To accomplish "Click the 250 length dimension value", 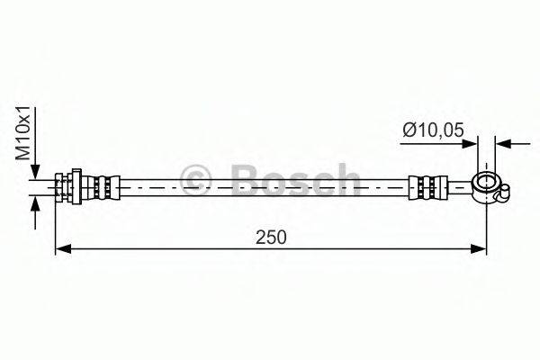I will click(x=271, y=238).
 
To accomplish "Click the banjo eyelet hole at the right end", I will click(x=486, y=185).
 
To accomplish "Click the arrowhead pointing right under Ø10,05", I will click(x=470, y=142).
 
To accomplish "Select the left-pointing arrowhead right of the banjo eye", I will click(x=503, y=142).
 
